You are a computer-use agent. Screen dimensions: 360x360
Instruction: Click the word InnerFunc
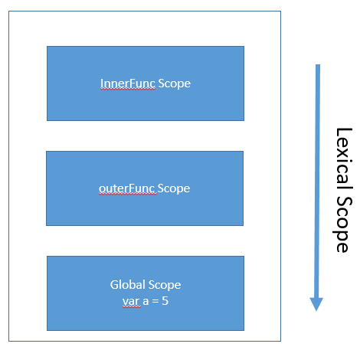point(128,83)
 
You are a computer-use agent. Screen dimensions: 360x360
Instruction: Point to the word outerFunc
point(127,188)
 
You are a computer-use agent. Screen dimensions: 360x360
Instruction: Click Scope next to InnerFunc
point(174,83)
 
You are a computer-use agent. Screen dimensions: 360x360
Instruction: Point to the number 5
point(165,302)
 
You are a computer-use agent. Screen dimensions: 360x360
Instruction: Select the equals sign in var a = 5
point(154,302)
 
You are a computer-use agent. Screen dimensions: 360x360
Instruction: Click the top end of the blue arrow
point(316,67)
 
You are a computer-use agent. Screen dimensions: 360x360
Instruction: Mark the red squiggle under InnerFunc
point(128,90)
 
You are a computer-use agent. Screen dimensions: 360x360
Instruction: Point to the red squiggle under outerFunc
point(127,195)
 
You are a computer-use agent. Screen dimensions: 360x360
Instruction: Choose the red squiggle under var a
point(132,308)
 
